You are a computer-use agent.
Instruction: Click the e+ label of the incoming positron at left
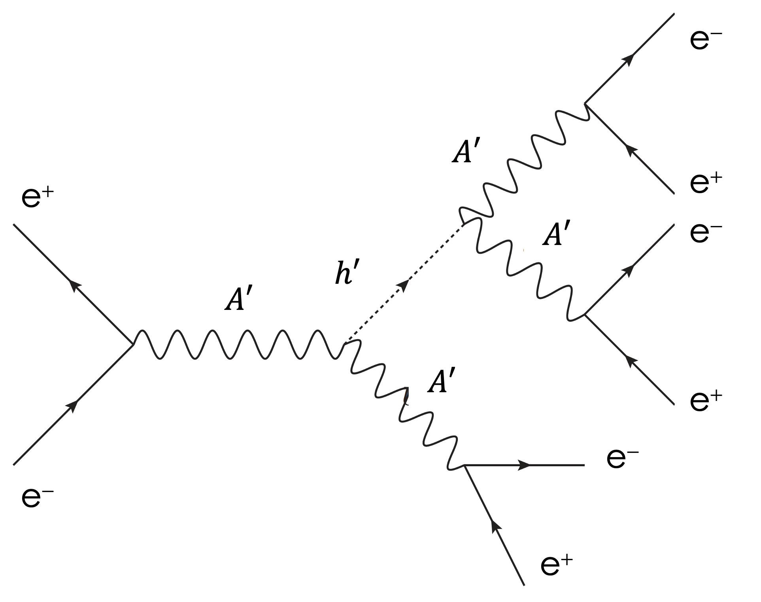37,198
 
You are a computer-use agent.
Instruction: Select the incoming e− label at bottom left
37,498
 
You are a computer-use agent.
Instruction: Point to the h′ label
346,273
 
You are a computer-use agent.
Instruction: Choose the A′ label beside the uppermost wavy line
466,152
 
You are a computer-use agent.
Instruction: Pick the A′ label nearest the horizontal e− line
441,381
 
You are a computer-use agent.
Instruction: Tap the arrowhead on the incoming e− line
73,406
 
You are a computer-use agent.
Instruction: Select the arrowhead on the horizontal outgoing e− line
524,465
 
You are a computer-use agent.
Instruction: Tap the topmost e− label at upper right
706,40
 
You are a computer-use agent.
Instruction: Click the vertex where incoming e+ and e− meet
133,344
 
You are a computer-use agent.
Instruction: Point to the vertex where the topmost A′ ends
585,104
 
